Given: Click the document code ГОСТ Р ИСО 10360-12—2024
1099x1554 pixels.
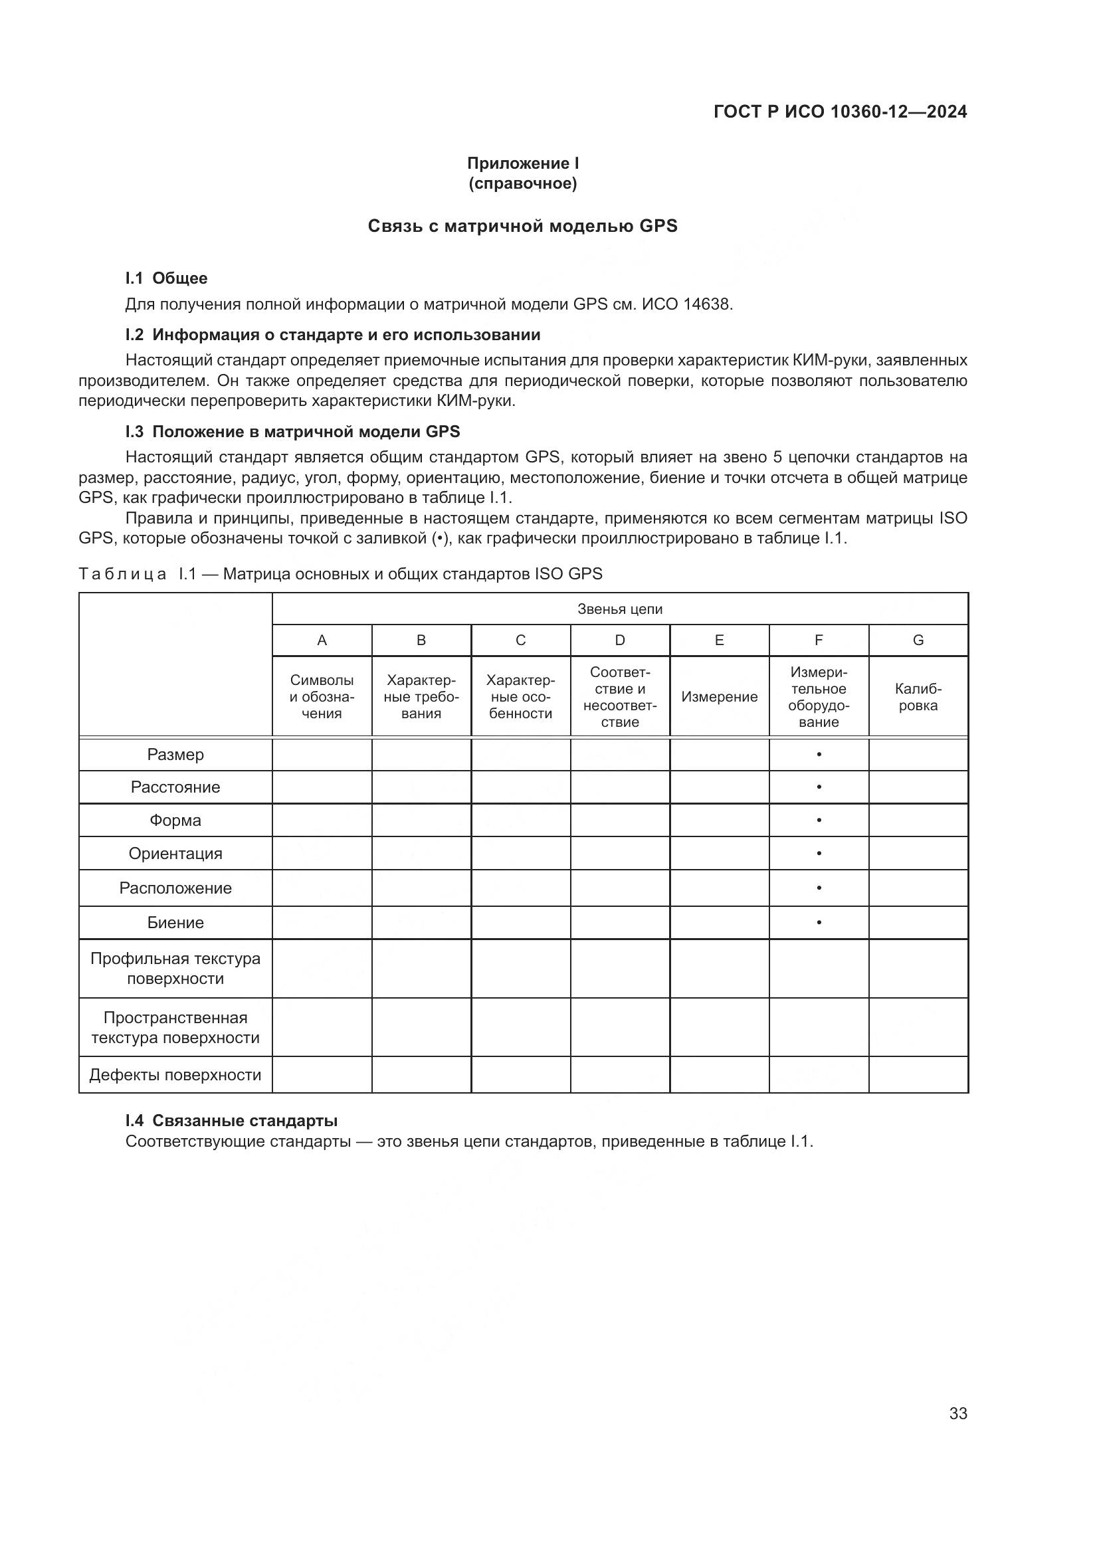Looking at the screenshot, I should click(x=840, y=112).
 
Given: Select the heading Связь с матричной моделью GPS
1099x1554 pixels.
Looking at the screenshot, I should click(x=522, y=226).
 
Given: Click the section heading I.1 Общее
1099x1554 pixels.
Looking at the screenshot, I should click(x=167, y=278).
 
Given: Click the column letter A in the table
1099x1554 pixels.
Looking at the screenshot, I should click(x=322, y=640).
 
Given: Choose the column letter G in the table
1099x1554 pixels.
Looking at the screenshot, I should click(x=918, y=640).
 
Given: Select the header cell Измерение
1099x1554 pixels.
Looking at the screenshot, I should click(x=720, y=697).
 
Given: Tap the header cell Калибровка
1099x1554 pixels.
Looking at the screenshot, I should click(x=918, y=697).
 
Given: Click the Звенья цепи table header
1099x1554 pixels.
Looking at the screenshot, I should click(x=620, y=609).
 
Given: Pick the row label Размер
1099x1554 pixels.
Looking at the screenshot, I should click(x=175, y=755).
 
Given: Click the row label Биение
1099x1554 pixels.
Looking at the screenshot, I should click(x=175, y=923).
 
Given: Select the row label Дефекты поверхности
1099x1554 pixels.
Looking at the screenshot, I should click(x=175, y=1075).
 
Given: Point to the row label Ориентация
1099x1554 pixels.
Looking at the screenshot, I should click(x=175, y=854).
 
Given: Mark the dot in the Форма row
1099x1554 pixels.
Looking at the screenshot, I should click(x=819, y=821).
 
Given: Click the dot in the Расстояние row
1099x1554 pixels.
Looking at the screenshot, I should click(x=819, y=787).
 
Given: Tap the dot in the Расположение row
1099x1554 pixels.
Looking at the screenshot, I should click(x=819, y=888).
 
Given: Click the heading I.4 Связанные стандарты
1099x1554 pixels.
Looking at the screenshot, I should click(x=231, y=1121).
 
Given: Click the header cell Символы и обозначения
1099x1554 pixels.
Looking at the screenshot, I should click(x=322, y=697).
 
